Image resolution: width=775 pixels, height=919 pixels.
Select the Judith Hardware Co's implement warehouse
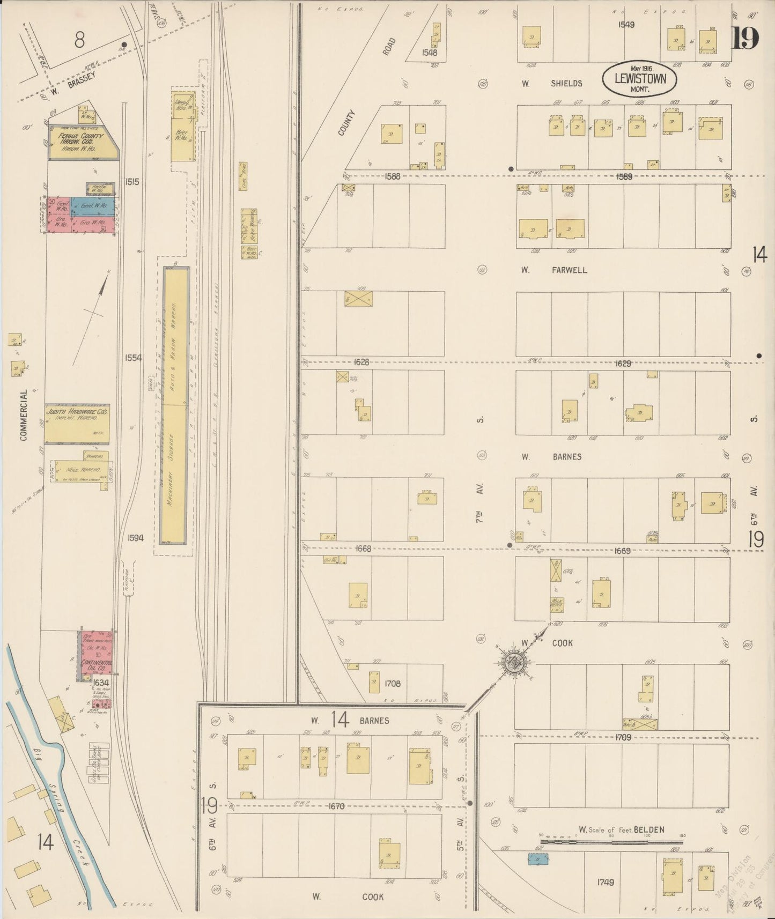pyautogui.click(x=77, y=423)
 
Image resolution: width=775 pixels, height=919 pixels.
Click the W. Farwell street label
pyautogui.click(x=553, y=270)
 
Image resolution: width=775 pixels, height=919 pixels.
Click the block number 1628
pyautogui.click(x=361, y=362)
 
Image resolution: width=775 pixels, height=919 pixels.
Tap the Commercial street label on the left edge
pyautogui.click(x=24, y=416)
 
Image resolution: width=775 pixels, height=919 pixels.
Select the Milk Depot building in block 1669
pyautogui.click(x=556, y=603)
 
